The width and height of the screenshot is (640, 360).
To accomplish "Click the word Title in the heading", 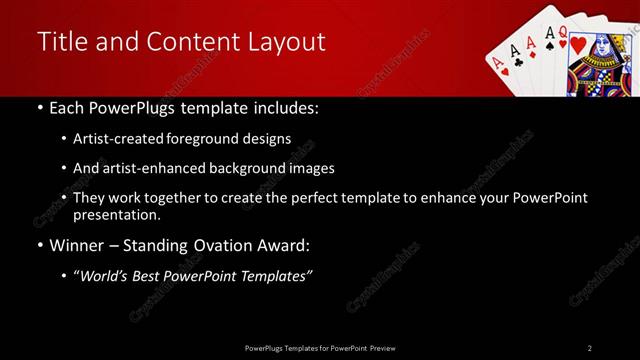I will pos(59,41).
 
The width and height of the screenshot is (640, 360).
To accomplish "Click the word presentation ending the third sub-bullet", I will pos(116,214).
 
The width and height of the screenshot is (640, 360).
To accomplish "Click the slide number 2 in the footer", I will pos(590,348).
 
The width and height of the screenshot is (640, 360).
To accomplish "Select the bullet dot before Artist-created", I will pos(65,139).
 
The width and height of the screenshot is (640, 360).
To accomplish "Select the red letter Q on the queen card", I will pos(564,32).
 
